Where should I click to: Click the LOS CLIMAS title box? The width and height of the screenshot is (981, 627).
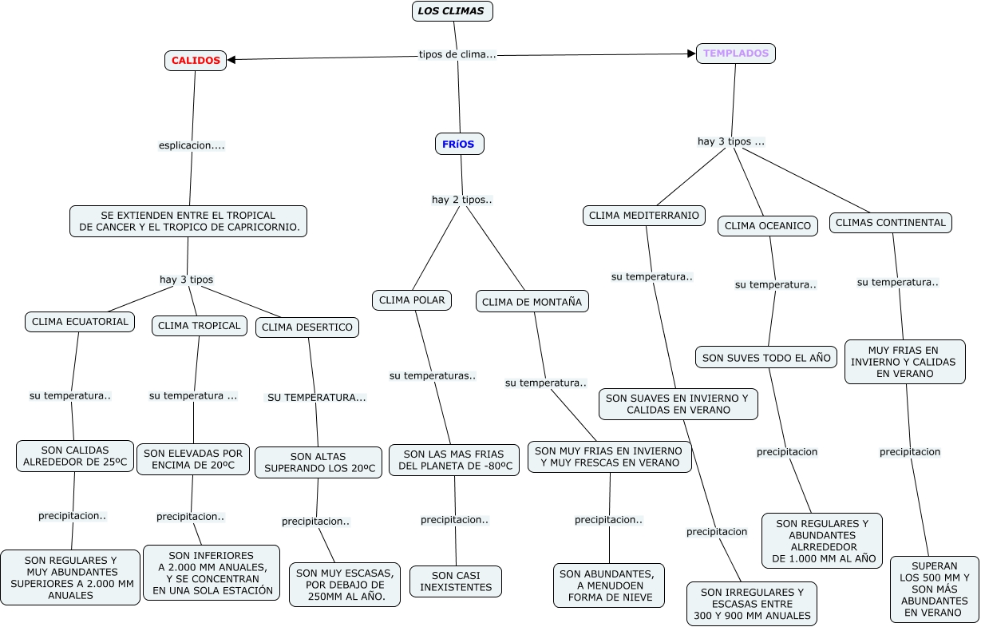pos(453,11)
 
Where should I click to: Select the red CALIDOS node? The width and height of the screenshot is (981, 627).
pos(196,60)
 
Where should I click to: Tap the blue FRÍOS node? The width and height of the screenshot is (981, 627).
pos(459,144)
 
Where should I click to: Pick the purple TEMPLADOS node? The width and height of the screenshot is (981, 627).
pos(736,54)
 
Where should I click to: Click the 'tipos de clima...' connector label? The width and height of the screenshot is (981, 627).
pos(457,54)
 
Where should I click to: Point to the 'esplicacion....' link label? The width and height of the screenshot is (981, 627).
pos(192,145)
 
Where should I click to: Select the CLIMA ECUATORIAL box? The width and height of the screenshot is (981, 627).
pos(79,322)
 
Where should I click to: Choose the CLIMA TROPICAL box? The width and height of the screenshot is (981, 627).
pos(199,325)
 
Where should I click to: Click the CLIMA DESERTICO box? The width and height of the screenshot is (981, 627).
pos(307,327)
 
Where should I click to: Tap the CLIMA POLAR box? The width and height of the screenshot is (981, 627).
pos(412,300)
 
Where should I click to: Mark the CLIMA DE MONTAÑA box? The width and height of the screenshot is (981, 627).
pos(532,301)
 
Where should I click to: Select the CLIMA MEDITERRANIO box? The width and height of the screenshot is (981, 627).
pos(644,215)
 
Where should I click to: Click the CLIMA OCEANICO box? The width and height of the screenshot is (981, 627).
pos(768,226)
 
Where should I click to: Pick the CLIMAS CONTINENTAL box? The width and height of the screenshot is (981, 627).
pos(891,222)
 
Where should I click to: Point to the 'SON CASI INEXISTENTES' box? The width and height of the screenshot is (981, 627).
pos(456,581)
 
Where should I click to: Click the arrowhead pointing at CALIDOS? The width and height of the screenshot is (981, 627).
pos(231,59)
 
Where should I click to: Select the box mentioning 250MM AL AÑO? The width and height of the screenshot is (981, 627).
pos(345,585)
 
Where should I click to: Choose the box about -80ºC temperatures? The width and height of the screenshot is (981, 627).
pos(454,460)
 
